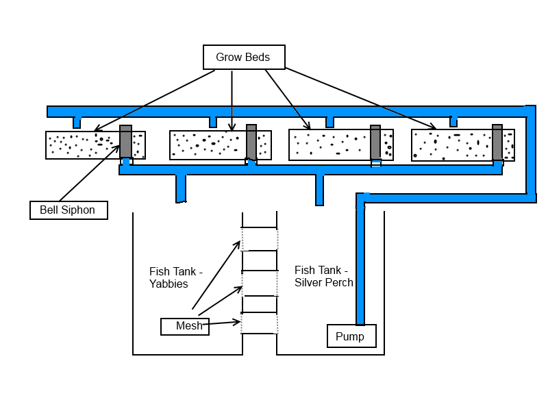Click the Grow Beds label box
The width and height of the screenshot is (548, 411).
[x=244, y=58]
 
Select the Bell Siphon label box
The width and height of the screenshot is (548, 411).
[x=68, y=210]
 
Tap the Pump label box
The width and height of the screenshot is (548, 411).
[x=351, y=336]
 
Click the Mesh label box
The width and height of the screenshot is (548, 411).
[x=185, y=327]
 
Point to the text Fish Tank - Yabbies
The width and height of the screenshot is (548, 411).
[x=176, y=277]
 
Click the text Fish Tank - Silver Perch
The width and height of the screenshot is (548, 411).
[x=324, y=276]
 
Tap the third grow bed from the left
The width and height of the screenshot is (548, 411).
[x=329, y=145]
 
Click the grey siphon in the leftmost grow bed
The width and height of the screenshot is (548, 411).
[x=126, y=142]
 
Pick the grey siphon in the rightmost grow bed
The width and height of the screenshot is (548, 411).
[x=497, y=142]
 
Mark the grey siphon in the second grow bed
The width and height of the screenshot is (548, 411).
[x=251, y=142]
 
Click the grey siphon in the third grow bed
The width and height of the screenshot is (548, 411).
[x=375, y=142]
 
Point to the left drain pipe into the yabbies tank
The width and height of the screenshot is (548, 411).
[x=181, y=188]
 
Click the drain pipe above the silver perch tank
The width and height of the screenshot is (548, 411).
[x=319, y=190]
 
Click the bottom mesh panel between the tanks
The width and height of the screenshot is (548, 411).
[x=260, y=323]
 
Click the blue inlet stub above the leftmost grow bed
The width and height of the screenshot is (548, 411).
[x=77, y=123]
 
